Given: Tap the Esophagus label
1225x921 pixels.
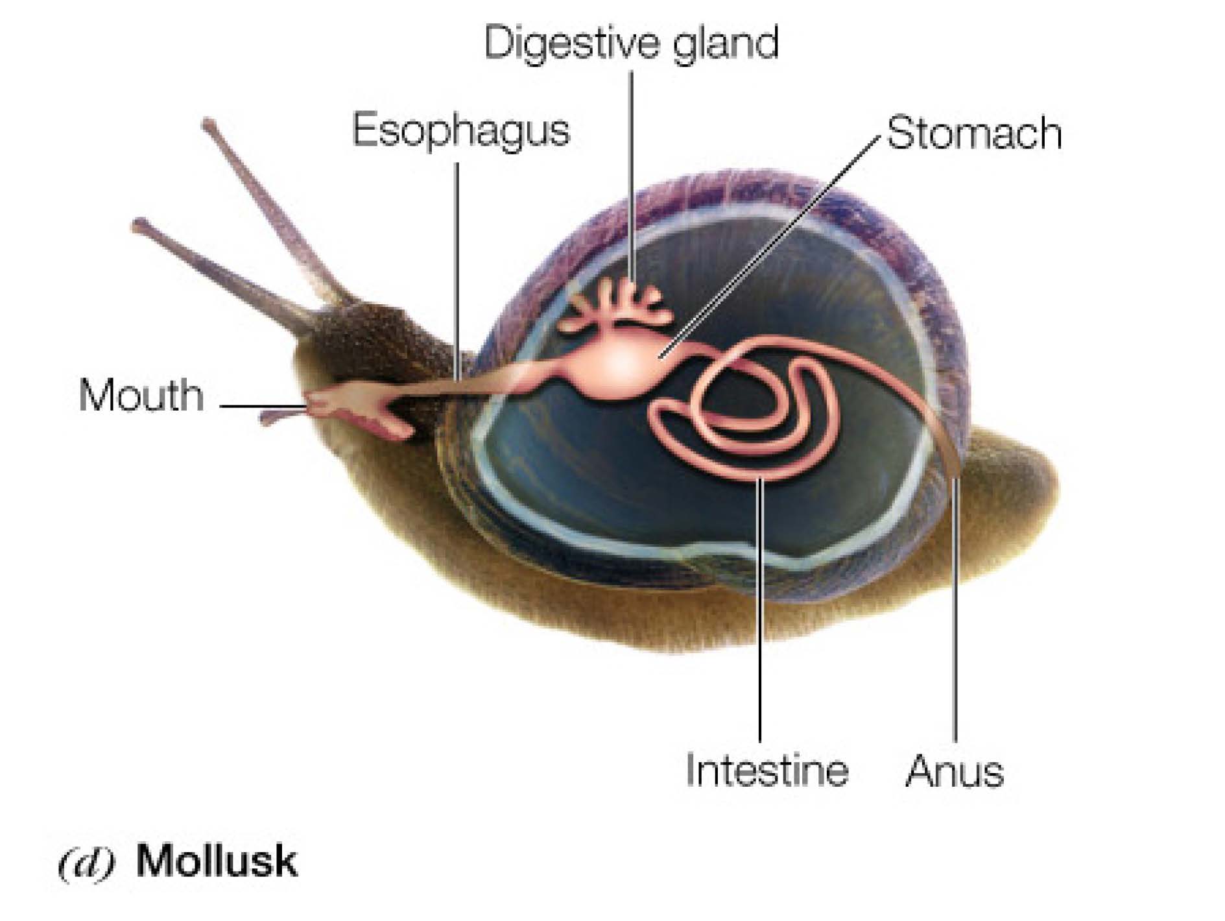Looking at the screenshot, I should tap(460, 130).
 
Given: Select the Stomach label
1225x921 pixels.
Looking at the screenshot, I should tap(973, 134).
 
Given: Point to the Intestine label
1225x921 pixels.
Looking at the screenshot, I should tap(767, 770).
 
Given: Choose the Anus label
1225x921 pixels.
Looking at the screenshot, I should tap(954, 771).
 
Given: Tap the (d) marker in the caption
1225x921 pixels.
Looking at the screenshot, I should tap(86, 863).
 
